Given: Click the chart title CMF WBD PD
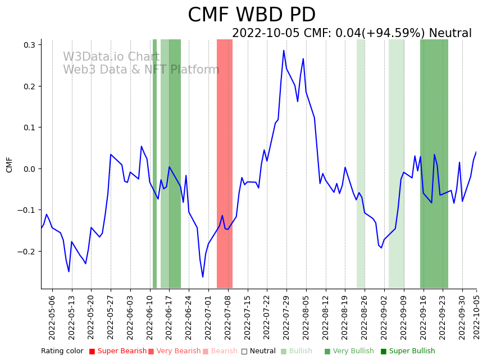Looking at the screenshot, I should (x=251, y=15).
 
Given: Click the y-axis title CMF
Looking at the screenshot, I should (x=9, y=165).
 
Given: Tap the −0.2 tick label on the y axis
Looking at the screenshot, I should (x=26, y=252).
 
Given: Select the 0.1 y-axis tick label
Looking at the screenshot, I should (x=29, y=127).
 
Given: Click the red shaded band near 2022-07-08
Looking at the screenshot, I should (x=225, y=163).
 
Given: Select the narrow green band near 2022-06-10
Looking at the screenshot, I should (x=154, y=163).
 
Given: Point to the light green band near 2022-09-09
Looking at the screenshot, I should (x=397, y=163).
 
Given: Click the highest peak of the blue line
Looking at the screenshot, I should (x=284, y=51).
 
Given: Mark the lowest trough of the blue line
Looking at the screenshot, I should (x=203, y=277).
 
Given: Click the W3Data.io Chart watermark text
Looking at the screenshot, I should (x=111, y=57).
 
